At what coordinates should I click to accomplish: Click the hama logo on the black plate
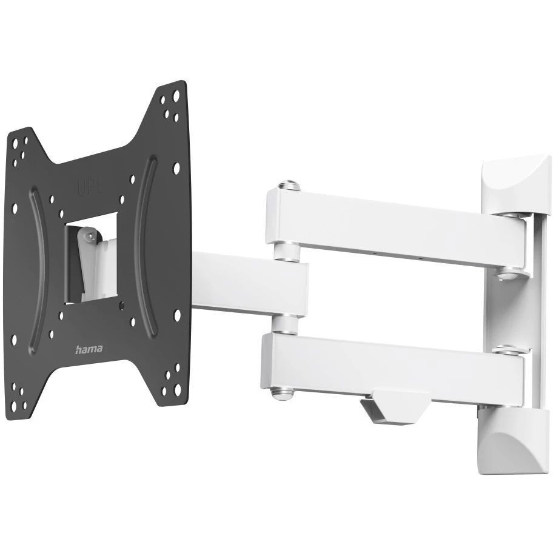[x=89, y=349]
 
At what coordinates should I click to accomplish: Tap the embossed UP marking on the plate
[x=89, y=186]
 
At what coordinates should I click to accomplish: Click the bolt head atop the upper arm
[x=289, y=186]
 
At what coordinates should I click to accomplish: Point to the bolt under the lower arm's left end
[x=281, y=394]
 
